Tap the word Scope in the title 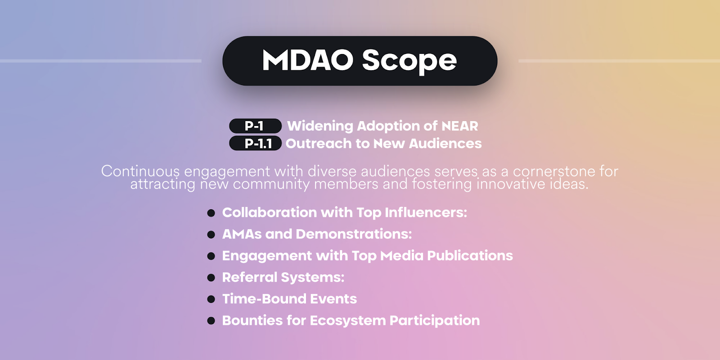click(x=409, y=62)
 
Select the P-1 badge click(x=255, y=126)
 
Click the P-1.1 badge click(x=255, y=144)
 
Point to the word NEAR click(x=459, y=126)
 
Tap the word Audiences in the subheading click(x=445, y=144)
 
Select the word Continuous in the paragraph click(x=140, y=171)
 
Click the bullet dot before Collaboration click(x=211, y=213)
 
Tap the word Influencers click(x=426, y=212)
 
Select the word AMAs click(x=242, y=234)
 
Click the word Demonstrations click(x=354, y=234)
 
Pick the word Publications click(x=470, y=256)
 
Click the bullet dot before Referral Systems click(x=211, y=277)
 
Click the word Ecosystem click(x=348, y=321)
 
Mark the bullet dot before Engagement click(x=211, y=256)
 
